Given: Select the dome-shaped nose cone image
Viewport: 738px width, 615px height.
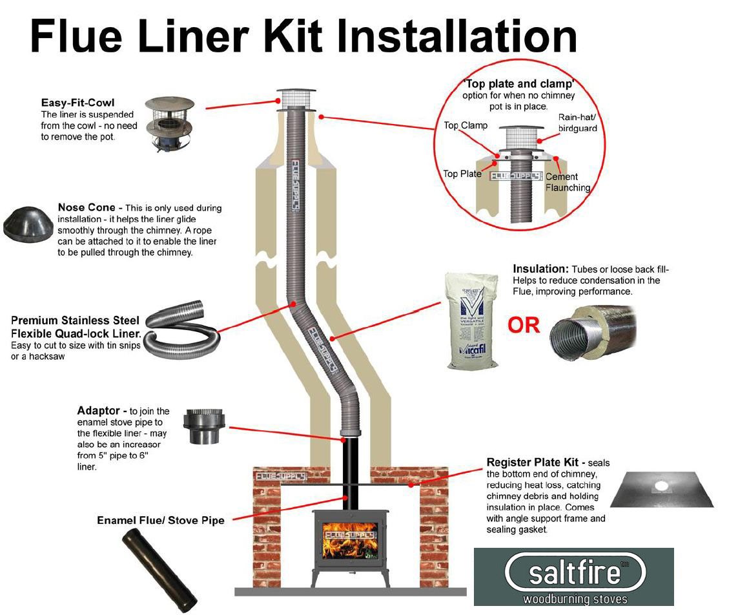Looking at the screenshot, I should (26, 224).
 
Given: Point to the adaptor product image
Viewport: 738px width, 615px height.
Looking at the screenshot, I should (204, 426).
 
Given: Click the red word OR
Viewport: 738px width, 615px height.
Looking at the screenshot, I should (524, 325).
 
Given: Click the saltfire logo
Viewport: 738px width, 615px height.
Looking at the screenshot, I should (573, 576).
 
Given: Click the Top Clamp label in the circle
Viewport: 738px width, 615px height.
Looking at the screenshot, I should (466, 125).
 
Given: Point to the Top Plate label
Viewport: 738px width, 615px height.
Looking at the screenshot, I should (462, 174).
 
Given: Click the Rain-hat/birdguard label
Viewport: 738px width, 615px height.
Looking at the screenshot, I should (577, 123).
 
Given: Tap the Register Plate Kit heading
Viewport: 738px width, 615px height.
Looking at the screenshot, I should (536, 463).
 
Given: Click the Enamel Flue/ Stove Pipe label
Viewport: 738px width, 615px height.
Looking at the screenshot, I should (161, 520).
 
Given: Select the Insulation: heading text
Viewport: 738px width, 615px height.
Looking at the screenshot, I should (540, 269).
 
